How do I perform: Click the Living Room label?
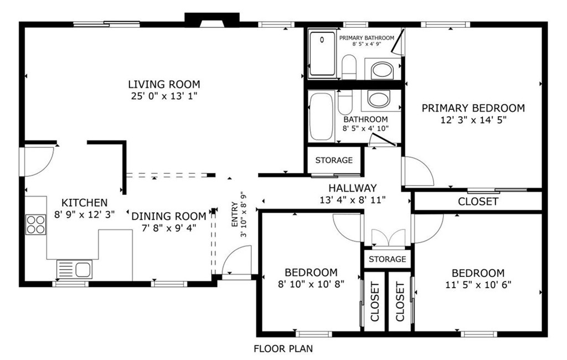(164, 84)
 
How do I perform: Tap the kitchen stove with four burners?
(36, 225)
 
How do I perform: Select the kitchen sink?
(75, 270)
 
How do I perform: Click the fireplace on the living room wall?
(212, 20)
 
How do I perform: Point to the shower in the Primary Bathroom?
(322, 54)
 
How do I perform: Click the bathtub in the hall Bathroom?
(322, 116)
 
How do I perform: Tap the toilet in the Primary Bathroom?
(349, 67)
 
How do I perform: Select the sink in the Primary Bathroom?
(383, 70)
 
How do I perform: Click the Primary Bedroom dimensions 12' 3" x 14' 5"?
(473, 120)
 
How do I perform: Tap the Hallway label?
(353, 188)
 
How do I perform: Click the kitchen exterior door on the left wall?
(38, 162)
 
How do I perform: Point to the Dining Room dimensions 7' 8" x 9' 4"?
(169, 228)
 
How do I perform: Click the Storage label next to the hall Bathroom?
(334, 160)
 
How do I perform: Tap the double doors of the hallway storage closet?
(388, 237)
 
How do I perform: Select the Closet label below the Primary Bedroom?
(478, 202)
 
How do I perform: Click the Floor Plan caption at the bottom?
(283, 349)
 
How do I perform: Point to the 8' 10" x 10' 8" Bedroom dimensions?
(311, 284)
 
